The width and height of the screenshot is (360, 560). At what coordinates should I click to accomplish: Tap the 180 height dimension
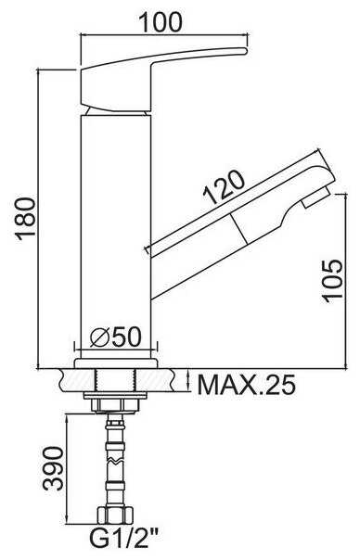(25, 217)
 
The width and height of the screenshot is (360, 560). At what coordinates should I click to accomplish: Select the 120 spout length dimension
(224, 187)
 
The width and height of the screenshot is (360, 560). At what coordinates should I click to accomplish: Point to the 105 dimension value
(332, 281)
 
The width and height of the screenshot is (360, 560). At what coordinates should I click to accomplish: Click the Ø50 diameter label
(116, 337)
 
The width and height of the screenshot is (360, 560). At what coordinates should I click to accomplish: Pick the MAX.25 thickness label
(247, 384)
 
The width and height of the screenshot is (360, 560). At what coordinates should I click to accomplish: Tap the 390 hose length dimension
(53, 468)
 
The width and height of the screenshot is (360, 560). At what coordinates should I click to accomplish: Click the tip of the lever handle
(246, 51)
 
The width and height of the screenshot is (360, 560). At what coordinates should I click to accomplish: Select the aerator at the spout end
(315, 198)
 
